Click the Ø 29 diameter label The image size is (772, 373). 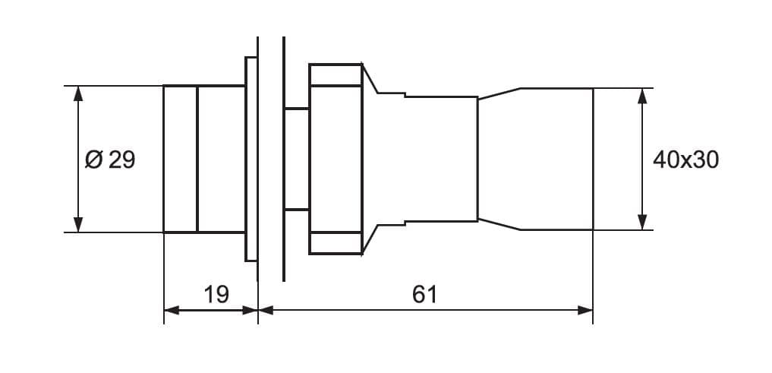point(111,160)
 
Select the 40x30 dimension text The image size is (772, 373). point(685,160)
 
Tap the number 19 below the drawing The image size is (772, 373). point(216,294)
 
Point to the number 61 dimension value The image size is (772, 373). point(425,294)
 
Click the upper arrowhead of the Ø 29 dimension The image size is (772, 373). point(77,93)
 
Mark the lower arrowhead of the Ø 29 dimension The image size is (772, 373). point(77,224)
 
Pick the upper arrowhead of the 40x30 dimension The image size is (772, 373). point(643,96)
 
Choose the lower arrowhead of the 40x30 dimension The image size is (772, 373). point(643,222)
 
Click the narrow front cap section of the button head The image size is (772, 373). point(181,159)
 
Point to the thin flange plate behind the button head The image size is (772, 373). point(251,159)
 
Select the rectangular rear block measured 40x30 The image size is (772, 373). point(556,159)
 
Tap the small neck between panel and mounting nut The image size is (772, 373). point(297,159)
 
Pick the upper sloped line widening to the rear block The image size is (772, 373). point(498,93)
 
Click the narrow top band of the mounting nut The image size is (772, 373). point(335,75)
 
